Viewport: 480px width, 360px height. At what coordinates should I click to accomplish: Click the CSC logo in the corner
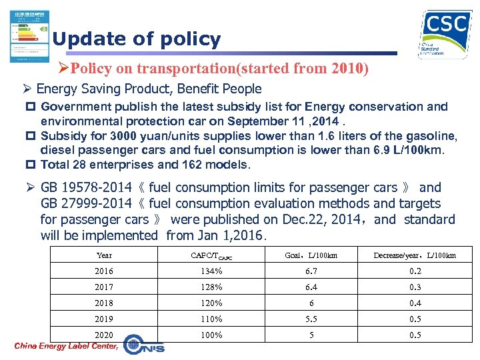point(444,35)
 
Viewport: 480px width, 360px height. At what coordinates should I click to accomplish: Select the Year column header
point(104,255)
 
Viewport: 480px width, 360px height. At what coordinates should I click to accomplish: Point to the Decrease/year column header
point(415,255)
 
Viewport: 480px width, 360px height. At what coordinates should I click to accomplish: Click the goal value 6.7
point(311,271)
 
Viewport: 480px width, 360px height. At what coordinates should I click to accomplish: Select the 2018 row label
point(104,303)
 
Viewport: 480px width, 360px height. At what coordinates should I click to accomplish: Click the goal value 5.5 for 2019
point(311,319)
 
